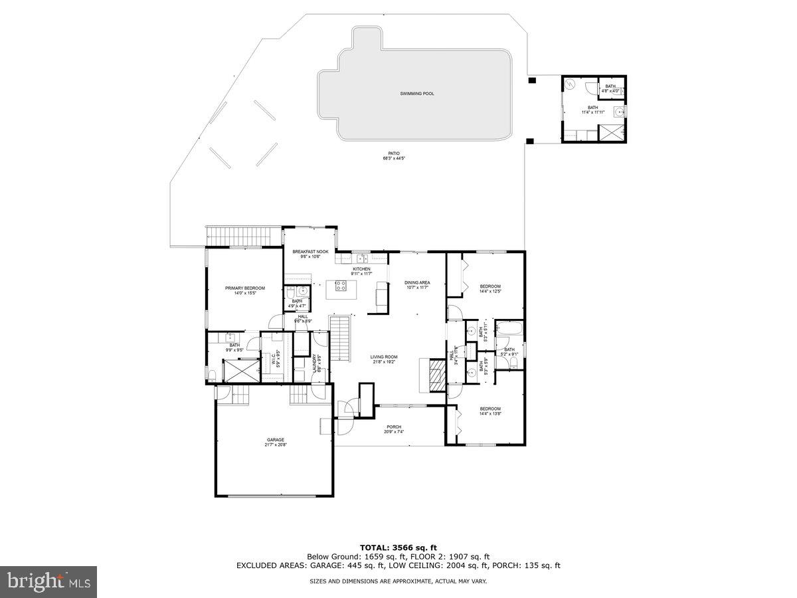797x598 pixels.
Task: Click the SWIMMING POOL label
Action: (x=417, y=94)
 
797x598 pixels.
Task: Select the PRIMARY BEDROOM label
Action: (x=244, y=288)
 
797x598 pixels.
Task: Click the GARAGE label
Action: (x=276, y=440)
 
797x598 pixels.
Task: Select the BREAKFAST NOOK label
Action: (x=310, y=252)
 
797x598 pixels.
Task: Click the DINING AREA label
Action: (x=417, y=282)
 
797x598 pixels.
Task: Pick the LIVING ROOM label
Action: (x=383, y=357)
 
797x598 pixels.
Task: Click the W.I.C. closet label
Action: (x=272, y=359)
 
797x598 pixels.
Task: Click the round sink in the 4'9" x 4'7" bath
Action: (x=302, y=290)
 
